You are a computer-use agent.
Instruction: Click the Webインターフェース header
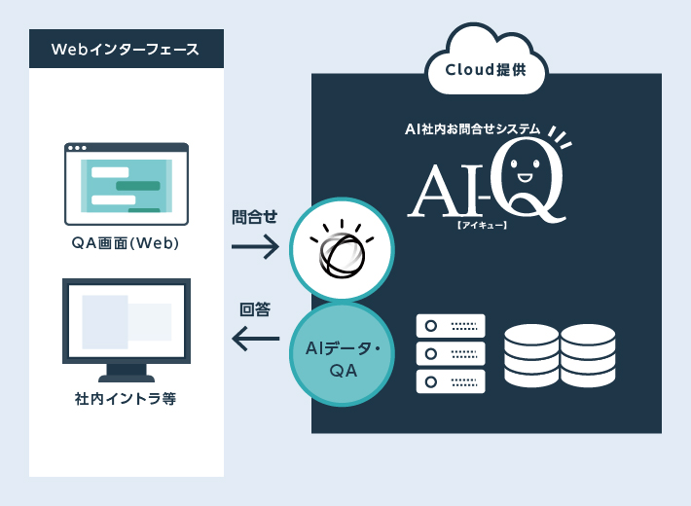(x=126, y=49)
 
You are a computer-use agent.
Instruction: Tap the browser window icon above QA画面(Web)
(x=127, y=184)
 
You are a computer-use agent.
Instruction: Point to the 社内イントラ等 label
(x=126, y=399)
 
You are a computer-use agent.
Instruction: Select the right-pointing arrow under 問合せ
(x=255, y=247)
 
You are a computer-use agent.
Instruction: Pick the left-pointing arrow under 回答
(x=255, y=340)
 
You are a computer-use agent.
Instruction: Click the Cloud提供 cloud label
(x=487, y=70)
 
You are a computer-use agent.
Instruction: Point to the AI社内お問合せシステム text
(x=473, y=130)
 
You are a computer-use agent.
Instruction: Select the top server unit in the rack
(x=450, y=326)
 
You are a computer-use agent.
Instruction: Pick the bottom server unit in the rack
(x=450, y=380)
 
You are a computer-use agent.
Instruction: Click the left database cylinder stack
(x=531, y=354)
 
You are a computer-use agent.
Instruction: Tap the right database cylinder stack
(x=588, y=354)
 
